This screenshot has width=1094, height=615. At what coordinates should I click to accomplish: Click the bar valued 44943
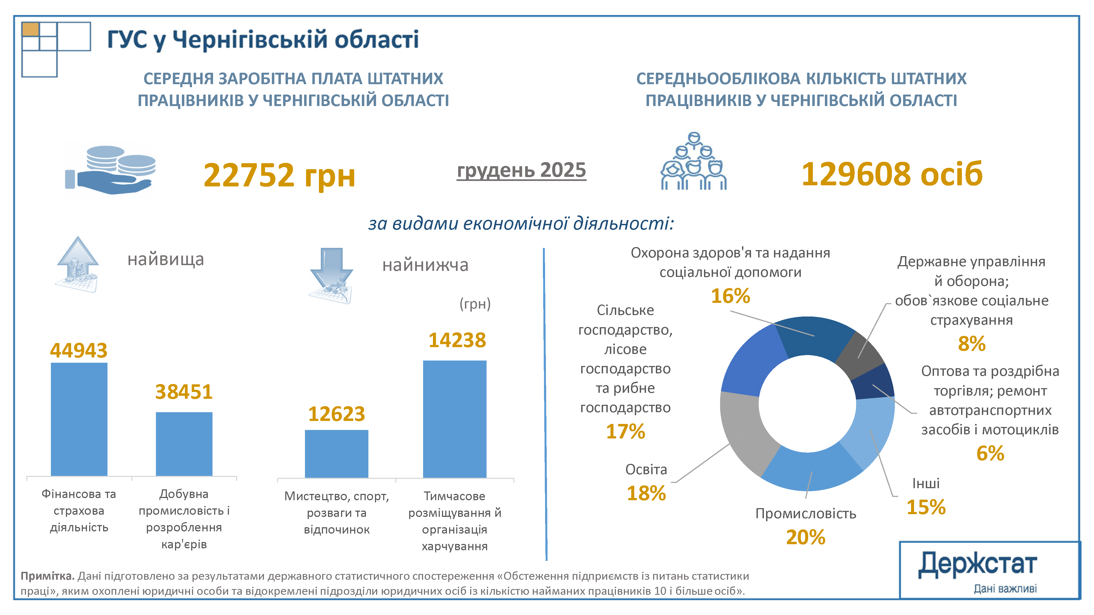[79, 419]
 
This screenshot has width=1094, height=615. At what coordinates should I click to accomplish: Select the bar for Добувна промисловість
[184, 444]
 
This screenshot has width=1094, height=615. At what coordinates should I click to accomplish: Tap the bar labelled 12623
[336, 453]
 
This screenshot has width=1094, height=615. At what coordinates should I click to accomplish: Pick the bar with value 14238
[454, 419]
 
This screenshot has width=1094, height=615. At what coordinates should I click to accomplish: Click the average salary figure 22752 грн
[279, 175]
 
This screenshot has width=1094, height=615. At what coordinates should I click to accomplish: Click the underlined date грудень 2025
[521, 170]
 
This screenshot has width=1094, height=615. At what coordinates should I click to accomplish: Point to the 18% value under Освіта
[646, 493]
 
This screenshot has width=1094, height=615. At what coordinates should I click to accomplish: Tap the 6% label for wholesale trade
[990, 453]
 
